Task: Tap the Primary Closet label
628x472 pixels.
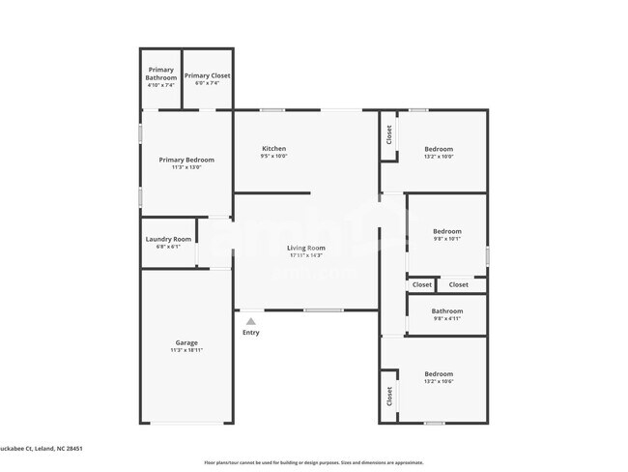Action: [208, 75]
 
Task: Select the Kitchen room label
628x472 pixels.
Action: [273, 149]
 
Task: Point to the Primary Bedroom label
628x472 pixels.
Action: [186, 160]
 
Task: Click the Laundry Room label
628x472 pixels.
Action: [168, 239]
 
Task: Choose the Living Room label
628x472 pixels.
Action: [305, 249]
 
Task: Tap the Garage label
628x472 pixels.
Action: [186, 342]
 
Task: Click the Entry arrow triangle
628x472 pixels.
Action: [251, 321]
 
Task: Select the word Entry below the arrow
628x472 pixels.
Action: [251, 333]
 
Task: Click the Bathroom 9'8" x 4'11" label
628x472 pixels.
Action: [446, 311]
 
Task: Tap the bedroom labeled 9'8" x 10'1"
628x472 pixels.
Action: [446, 231]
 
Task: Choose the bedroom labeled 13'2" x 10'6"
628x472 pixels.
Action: [439, 373]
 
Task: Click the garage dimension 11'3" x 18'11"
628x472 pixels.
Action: [186, 350]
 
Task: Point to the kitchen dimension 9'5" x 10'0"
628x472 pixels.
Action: [273, 157]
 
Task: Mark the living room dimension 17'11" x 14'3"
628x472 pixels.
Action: [305, 256]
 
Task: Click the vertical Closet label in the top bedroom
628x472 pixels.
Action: [390, 134]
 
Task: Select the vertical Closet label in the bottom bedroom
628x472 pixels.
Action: [390, 397]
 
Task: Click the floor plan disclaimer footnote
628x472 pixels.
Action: [313, 462]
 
